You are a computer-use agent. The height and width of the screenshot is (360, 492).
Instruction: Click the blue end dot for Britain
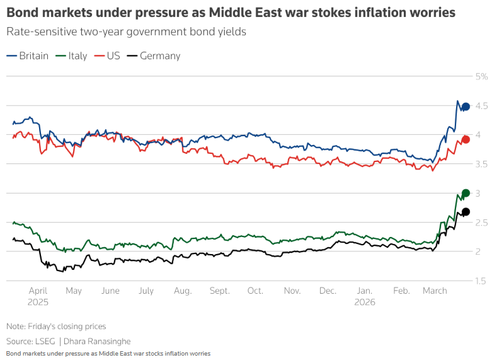[x=466, y=107]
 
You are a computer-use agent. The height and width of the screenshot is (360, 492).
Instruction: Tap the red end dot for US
[x=466, y=139]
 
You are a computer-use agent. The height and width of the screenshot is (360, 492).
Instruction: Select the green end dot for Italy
[x=466, y=193]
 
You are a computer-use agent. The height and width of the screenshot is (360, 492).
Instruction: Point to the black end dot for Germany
[x=466, y=212]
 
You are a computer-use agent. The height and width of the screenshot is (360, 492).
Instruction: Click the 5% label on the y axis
[x=482, y=76]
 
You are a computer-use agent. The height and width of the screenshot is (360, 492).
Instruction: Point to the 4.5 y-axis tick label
[x=482, y=106]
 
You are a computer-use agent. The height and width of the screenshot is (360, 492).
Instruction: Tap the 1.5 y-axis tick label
[x=482, y=281]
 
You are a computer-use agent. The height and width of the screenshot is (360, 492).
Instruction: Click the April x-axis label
[x=38, y=291]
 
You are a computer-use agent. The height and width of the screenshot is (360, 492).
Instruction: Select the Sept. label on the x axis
[x=220, y=291]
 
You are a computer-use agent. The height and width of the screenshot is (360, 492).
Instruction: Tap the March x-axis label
[x=435, y=291]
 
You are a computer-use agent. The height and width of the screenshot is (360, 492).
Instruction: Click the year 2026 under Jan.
[x=365, y=302]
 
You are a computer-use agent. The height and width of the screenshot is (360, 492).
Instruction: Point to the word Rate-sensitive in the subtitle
[x=38, y=32]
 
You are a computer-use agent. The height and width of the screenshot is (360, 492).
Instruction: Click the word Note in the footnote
[x=15, y=326]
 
